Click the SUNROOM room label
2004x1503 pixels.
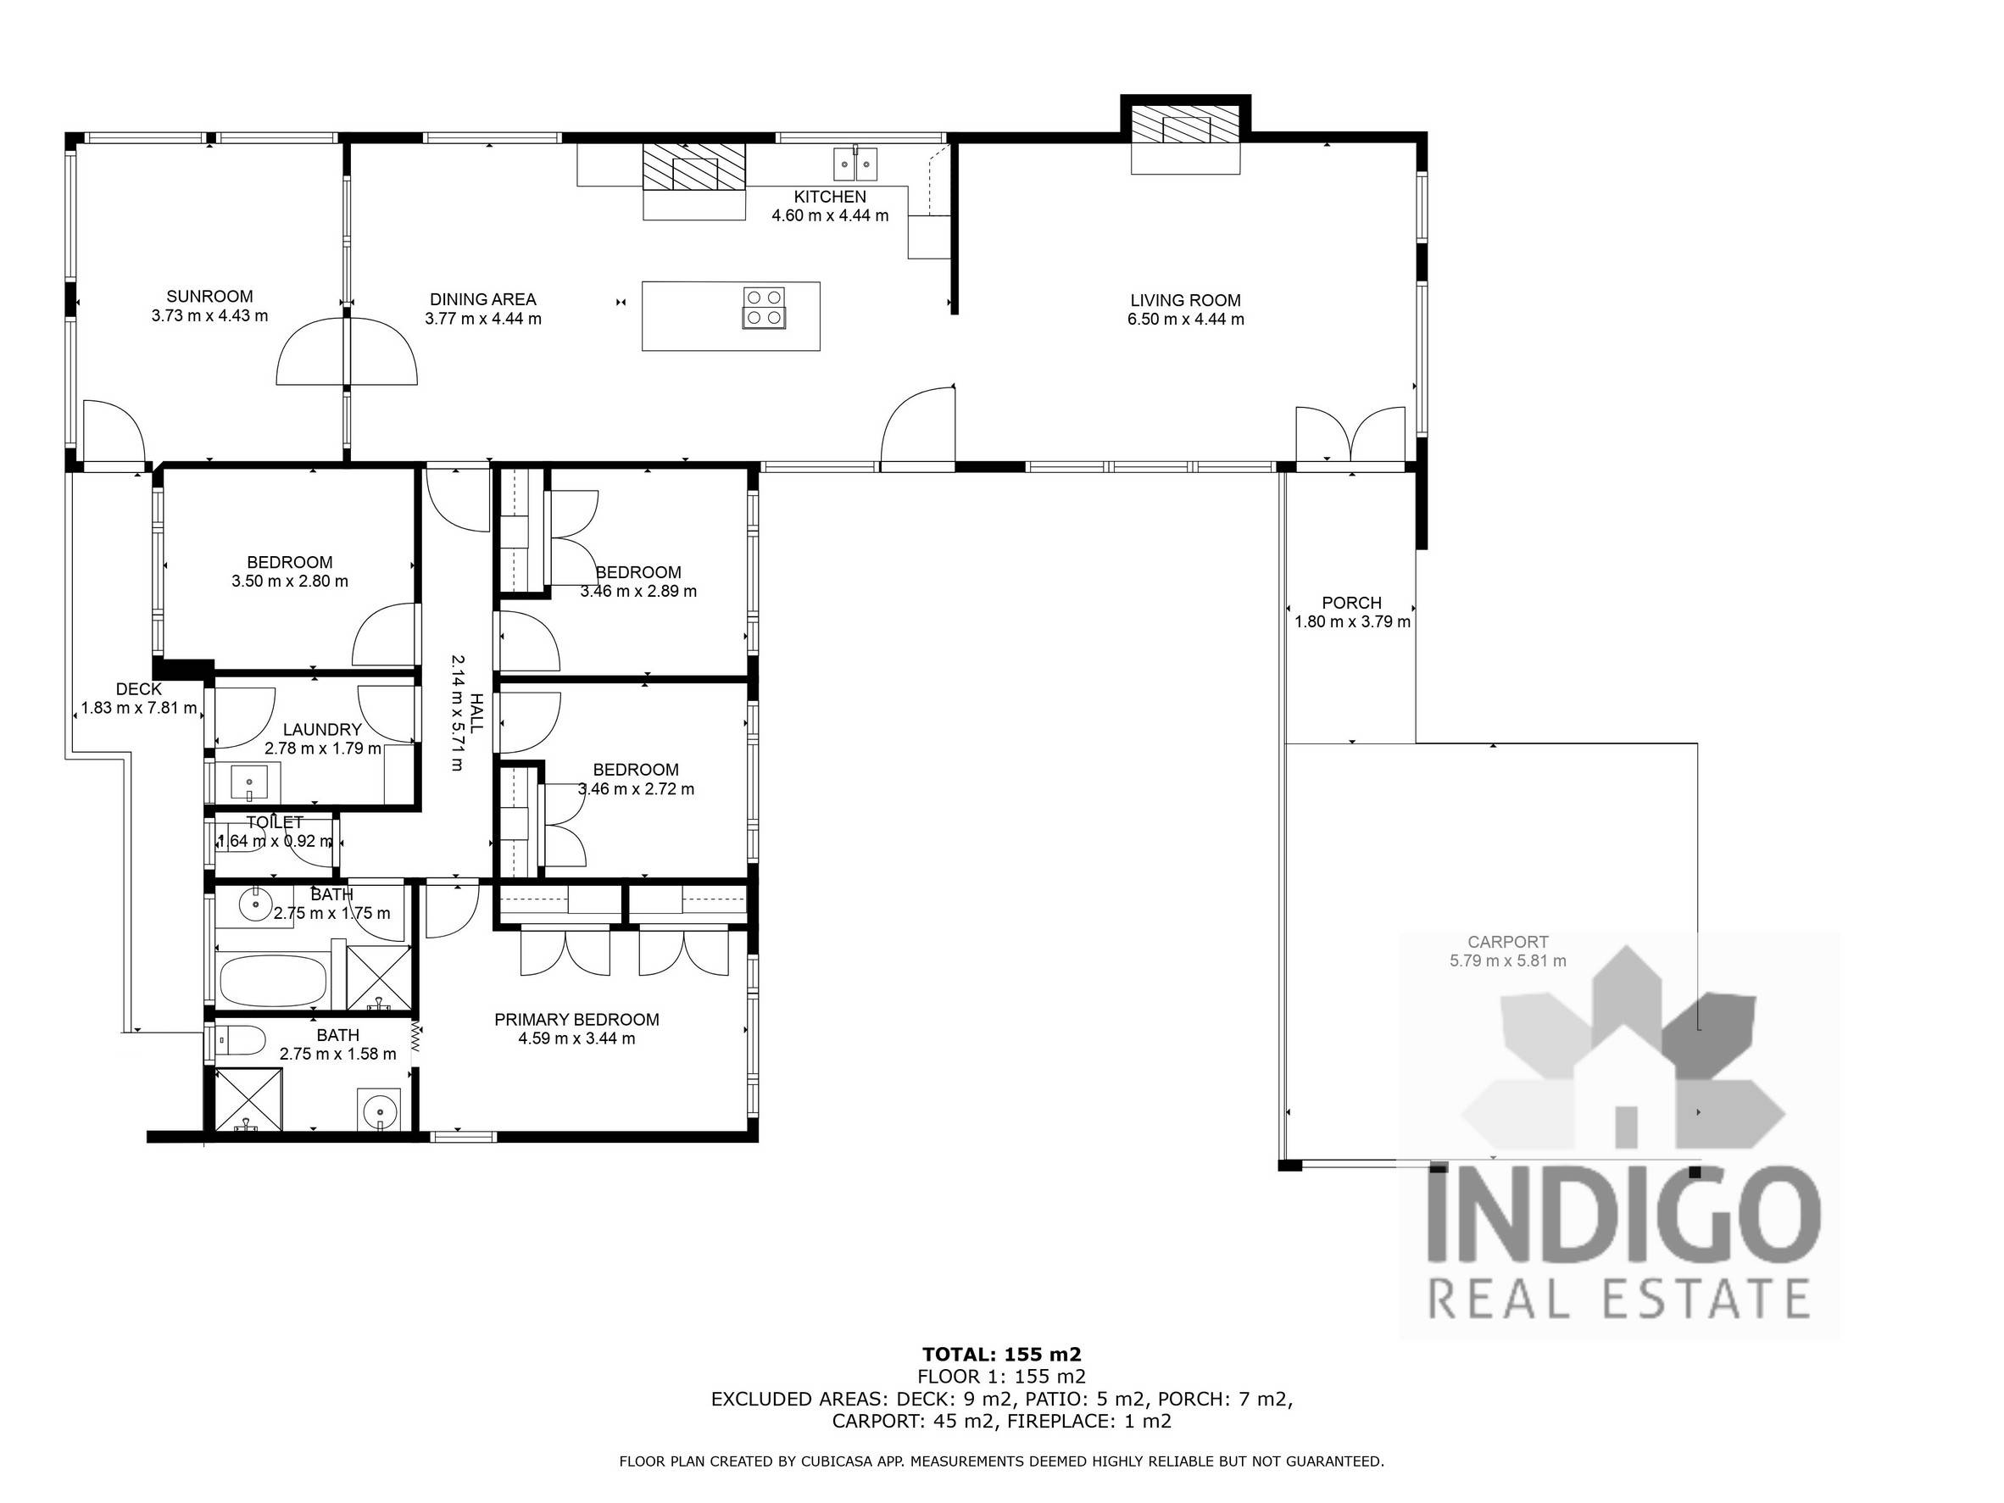[209, 296]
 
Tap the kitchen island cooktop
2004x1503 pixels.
[764, 307]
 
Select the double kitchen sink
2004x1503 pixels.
[855, 164]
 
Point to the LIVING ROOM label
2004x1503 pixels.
[1185, 300]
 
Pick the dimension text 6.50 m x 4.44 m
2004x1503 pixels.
[1185, 319]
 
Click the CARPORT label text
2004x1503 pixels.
[1507, 941]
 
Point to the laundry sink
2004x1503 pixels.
[249, 782]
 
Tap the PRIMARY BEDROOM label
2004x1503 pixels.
[576, 1019]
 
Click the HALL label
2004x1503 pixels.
[476, 712]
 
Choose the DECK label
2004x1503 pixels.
[139, 688]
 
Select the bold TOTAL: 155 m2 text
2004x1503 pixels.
[1001, 1355]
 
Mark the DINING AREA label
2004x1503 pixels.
[483, 299]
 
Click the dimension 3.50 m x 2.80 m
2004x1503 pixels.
[290, 581]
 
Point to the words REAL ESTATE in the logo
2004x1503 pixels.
[1619, 1297]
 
